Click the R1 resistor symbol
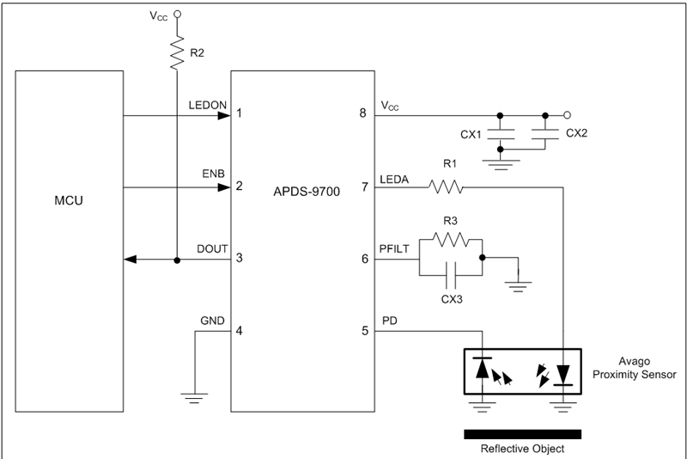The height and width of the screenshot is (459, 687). pos(446,186)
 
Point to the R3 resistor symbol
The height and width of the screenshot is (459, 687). pos(451,242)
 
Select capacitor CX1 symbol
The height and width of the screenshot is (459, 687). pos(500,134)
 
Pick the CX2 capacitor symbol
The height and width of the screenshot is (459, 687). pos(544,132)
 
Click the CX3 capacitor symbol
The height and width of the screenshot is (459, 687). pos(451,276)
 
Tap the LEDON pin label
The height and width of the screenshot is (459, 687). pos(207,105)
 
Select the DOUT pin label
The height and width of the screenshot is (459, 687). pos(210,248)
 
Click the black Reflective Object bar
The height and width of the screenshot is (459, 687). pos(522,433)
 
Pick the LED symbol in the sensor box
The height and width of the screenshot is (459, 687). pos(562,374)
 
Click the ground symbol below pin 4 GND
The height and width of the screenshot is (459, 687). pos(196,396)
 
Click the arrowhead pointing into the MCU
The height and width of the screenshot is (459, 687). pos(130,260)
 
